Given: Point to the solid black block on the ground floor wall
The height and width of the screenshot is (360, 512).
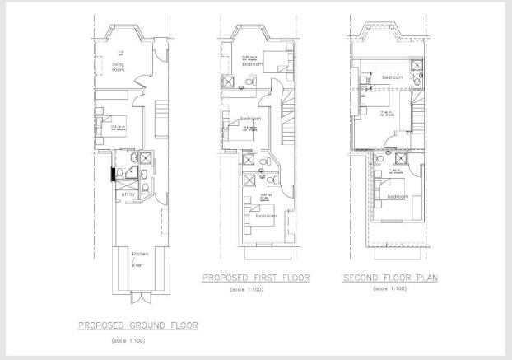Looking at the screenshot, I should click(113, 173).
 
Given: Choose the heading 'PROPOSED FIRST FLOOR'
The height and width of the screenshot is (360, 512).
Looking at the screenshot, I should click(256, 278).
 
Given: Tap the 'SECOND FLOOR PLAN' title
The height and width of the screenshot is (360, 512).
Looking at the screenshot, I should click(390, 278).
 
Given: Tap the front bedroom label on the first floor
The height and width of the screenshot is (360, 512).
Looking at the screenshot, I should click(263, 63).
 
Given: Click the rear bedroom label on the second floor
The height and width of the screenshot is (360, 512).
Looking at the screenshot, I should click(398, 196).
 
